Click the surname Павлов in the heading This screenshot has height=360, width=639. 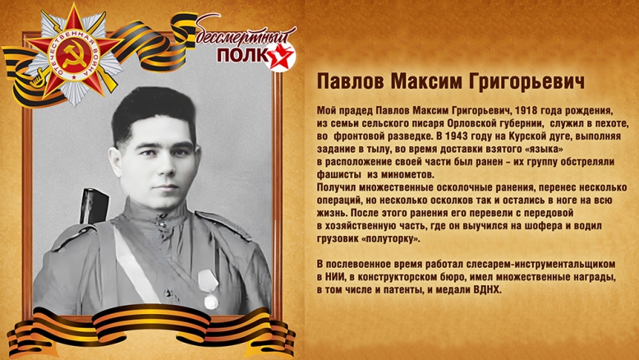(345, 84)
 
